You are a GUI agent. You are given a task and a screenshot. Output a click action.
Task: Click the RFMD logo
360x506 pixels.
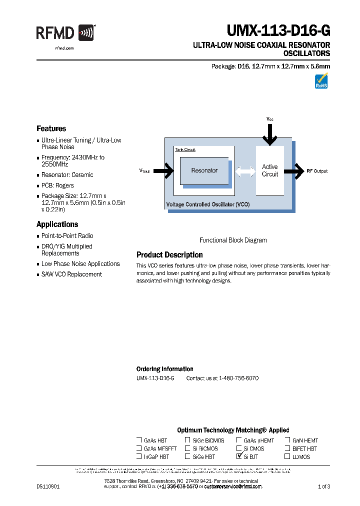65,33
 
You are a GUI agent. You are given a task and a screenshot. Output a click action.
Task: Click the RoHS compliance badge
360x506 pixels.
321,81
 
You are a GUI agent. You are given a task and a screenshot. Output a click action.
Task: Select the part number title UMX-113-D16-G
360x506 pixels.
278,31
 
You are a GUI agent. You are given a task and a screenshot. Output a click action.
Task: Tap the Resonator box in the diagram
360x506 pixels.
204,170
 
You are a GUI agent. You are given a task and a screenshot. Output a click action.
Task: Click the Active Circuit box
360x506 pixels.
269,170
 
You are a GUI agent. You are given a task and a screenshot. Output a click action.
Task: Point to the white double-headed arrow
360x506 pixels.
245,171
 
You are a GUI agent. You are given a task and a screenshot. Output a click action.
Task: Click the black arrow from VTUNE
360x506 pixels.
163,171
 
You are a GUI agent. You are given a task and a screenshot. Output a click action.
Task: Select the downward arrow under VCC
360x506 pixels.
270,134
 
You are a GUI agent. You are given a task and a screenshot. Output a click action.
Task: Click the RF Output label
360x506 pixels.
317,171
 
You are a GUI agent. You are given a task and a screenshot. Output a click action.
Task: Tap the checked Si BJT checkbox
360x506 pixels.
239,456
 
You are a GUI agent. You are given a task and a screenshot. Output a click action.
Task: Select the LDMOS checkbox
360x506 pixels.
287,456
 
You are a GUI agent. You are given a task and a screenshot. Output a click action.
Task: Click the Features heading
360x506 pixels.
51,128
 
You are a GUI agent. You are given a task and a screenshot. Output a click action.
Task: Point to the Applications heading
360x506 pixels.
57,224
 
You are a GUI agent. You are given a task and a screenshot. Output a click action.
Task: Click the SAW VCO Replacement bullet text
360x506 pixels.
71,274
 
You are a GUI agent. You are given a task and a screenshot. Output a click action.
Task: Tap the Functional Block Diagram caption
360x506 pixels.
233,240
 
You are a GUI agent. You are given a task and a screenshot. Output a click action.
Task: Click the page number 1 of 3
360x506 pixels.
324,486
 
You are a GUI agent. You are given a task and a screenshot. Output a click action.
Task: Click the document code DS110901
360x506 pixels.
48,486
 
